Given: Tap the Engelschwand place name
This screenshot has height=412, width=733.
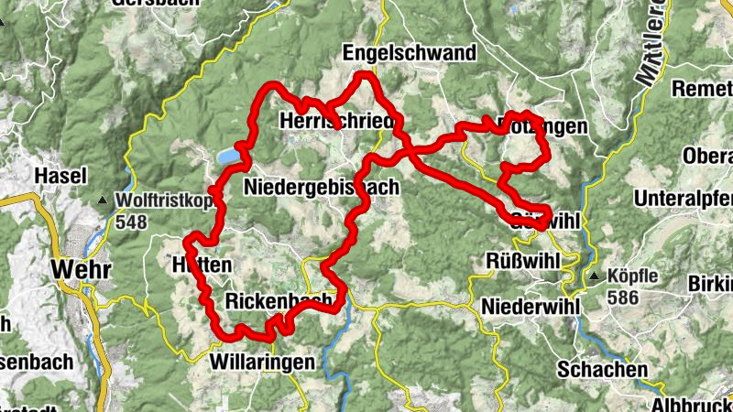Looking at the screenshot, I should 410,53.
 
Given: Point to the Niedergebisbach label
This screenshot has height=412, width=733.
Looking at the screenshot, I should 322,187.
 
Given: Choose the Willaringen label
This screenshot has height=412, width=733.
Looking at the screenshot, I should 256,362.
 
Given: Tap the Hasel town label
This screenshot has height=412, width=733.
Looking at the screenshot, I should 60,175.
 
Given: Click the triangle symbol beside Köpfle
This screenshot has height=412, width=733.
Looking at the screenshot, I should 595,276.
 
